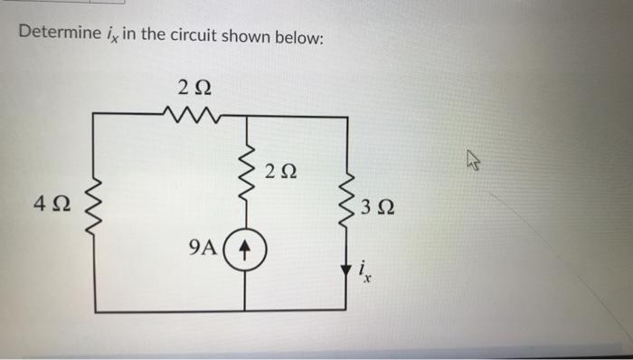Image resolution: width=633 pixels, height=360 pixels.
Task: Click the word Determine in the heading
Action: point(54,34)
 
